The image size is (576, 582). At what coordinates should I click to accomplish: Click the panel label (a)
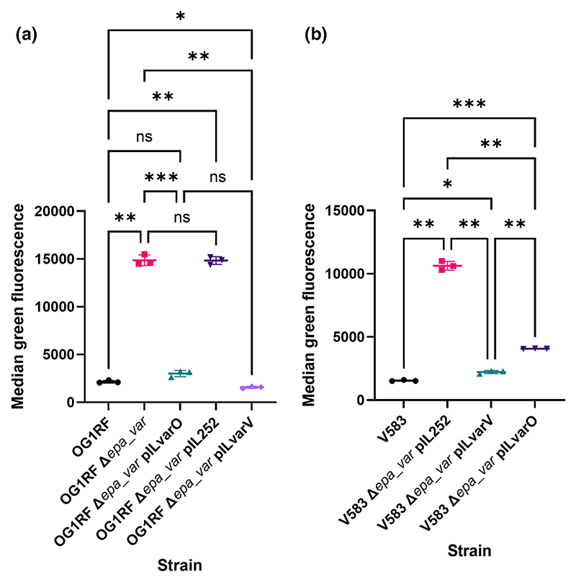click(x=27, y=35)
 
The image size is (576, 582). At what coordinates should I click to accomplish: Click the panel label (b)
click(x=315, y=35)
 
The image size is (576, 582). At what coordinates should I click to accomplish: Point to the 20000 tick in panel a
click(x=55, y=211)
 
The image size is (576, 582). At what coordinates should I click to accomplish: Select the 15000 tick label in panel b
click(x=344, y=210)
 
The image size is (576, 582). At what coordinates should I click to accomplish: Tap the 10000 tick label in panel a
click(x=55, y=307)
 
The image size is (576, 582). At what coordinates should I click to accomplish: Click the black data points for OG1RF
click(x=109, y=382)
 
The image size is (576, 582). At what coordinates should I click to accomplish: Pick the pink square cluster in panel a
click(x=145, y=259)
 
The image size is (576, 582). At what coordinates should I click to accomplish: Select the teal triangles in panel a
click(x=181, y=374)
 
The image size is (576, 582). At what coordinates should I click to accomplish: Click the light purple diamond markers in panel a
click(x=251, y=387)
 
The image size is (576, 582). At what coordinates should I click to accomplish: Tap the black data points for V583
click(x=404, y=380)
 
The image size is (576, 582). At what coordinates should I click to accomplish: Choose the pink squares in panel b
click(x=447, y=265)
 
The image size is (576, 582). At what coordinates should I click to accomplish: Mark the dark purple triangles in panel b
click(x=535, y=348)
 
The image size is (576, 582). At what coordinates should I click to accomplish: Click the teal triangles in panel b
click(x=491, y=372)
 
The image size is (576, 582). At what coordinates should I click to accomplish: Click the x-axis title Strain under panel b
click(x=469, y=551)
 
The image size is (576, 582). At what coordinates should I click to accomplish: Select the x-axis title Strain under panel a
click(x=180, y=565)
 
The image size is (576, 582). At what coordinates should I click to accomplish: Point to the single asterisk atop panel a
click(x=181, y=17)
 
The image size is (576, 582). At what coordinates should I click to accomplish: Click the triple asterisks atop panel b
click(x=469, y=104)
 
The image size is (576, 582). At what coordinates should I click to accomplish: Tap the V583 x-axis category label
click(x=392, y=429)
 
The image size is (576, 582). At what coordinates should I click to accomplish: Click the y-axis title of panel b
click(x=309, y=305)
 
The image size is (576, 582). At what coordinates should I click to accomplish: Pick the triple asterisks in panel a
click(x=161, y=177)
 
